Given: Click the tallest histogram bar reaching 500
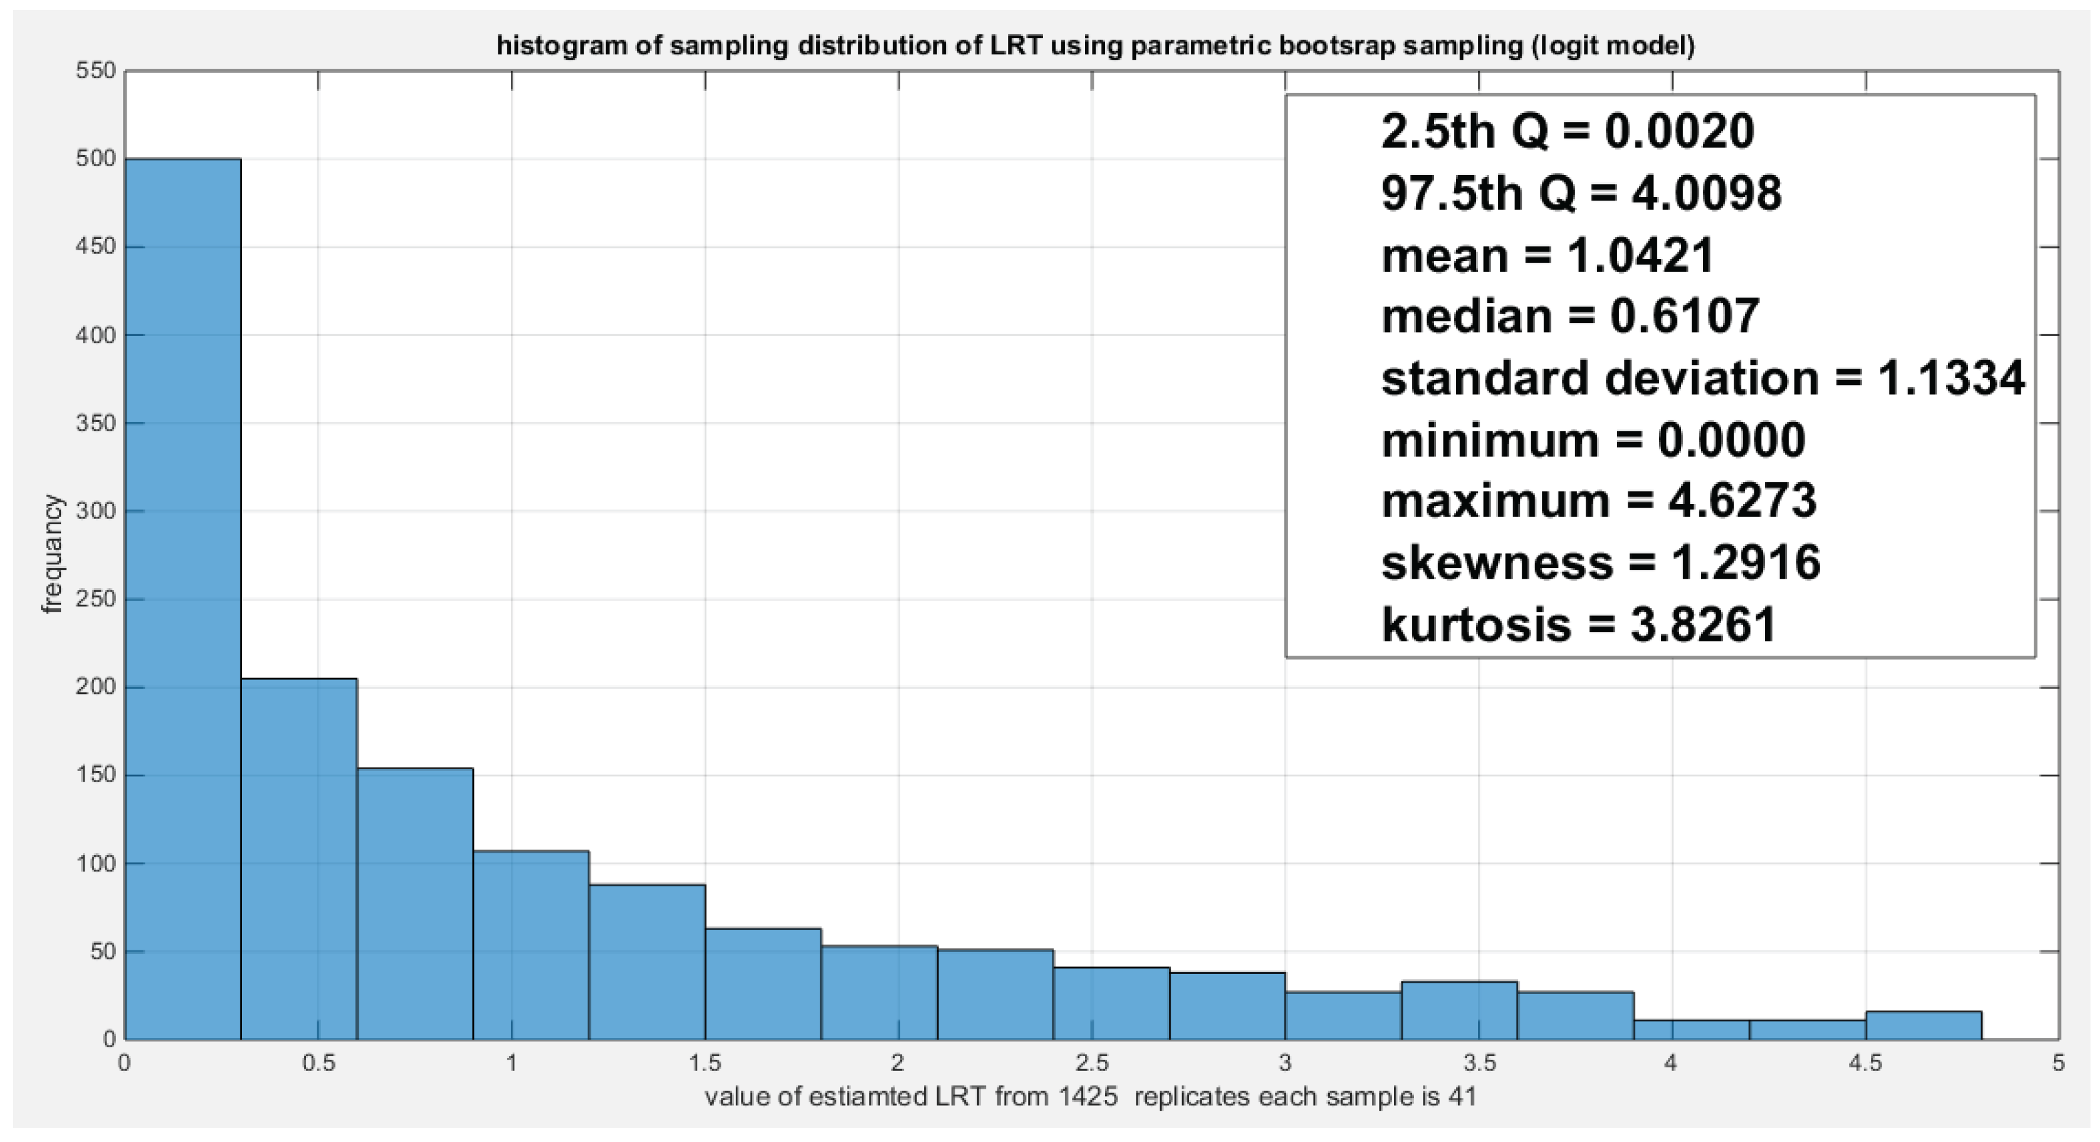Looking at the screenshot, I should point(183,599).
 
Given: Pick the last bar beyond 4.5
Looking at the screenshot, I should point(1923,1025).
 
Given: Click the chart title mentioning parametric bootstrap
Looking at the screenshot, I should point(1096,46).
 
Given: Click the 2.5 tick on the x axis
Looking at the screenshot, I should point(1091,1063).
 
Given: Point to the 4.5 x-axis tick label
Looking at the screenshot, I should point(1865,1063).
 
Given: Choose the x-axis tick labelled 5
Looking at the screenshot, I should point(2059,1063).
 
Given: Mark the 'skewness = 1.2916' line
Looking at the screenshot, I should point(1600,563).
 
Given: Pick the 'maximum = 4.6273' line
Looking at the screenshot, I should point(1599,501).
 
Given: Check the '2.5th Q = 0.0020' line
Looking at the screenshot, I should point(1567,131).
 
